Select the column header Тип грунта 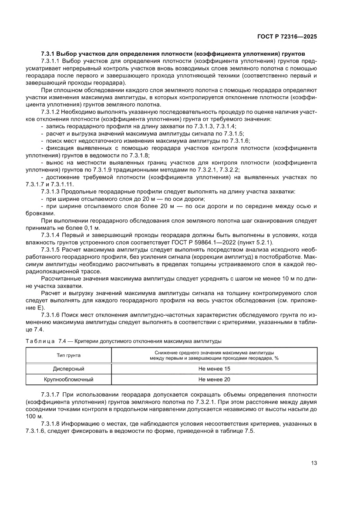point(68,355)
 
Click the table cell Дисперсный point(68,369)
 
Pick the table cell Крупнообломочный point(68,379)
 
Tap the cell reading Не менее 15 point(214,369)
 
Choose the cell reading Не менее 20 point(214,379)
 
